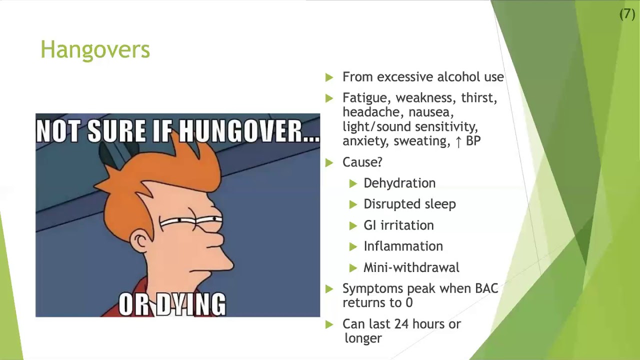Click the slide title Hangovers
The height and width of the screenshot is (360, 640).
95,50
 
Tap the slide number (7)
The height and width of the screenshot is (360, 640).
627,14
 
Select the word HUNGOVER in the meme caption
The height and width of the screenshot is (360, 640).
247,131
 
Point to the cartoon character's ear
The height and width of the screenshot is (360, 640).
140,242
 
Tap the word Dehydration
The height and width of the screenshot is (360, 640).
399,183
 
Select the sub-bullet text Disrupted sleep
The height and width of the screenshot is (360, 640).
409,204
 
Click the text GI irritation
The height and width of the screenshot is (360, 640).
398,225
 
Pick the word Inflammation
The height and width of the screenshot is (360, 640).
403,246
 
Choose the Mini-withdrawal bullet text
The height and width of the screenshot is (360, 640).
411,267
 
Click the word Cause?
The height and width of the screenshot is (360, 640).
362,162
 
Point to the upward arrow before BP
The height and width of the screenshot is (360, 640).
458,141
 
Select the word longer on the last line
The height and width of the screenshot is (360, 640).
363,338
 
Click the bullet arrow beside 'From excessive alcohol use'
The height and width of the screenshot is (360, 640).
329,77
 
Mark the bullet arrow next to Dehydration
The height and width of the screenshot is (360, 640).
353,183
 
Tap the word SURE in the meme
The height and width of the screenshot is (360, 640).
115,131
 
